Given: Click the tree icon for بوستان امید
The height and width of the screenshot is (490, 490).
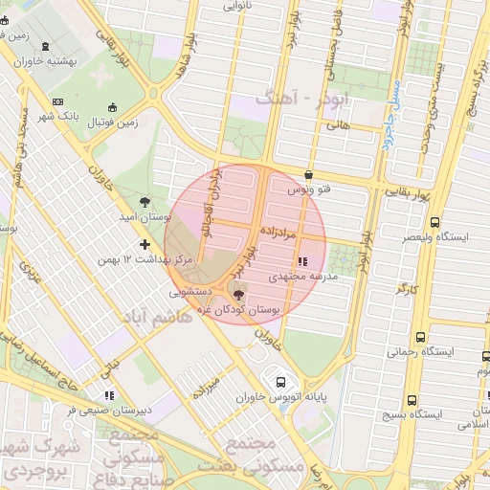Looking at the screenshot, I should (x=144, y=201).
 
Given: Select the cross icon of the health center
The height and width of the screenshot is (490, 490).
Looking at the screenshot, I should (x=145, y=244).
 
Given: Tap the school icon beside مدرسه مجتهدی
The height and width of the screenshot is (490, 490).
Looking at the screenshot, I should (x=303, y=260).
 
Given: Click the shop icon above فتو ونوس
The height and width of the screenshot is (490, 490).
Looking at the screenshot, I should (x=308, y=175).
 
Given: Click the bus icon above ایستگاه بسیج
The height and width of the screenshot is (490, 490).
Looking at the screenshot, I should (x=412, y=401).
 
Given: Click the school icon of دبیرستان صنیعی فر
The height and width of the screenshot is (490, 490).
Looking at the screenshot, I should (x=108, y=394).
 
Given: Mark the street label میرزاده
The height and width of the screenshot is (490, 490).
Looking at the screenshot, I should (x=207, y=385).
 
